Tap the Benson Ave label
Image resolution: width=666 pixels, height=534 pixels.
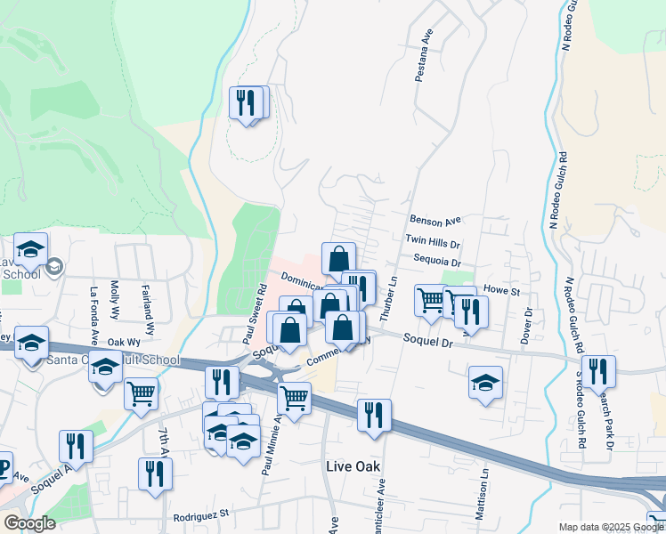[x=434, y=220]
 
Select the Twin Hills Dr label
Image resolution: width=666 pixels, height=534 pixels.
[x=433, y=241]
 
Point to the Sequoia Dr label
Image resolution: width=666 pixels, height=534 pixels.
[x=437, y=263]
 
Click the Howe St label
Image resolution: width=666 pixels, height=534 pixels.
[x=501, y=291]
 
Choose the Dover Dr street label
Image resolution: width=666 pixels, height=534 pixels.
[x=527, y=326]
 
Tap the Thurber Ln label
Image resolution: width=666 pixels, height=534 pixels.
[x=387, y=298]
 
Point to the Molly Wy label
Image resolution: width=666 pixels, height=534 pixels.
[x=115, y=295]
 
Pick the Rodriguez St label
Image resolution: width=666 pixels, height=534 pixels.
[x=202, y=514]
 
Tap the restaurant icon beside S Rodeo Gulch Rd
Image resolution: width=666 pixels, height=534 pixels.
[x=598, y=372]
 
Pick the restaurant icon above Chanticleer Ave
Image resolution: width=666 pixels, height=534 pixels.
[x=374, y=415]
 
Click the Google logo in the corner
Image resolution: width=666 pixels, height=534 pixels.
[x=29, y=523]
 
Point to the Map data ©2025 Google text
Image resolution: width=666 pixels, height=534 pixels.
[x=611, y=527]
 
